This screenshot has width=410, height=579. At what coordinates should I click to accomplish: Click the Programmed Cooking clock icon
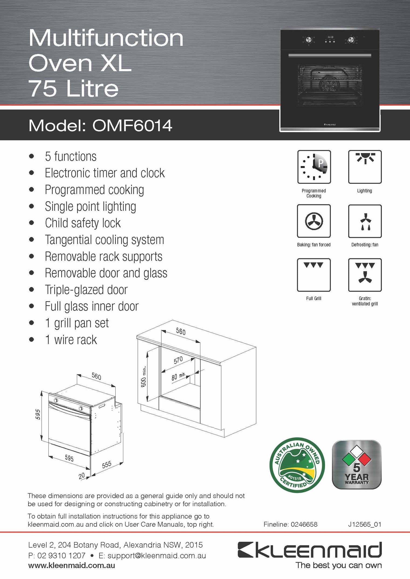pyautogui.click(x=314, y=167)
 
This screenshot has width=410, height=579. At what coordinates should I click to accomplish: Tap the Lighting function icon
pyautogui.click(x=365, y=167)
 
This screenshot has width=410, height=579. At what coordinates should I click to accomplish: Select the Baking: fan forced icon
pyautogui.click(x=314, y=221)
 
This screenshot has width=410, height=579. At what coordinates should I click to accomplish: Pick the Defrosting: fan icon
pyautogui.click(x=365, y=221)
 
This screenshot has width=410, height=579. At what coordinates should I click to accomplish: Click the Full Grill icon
pyautogui.click(x=314, y=275)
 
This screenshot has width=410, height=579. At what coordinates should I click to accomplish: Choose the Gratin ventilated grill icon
pyautogui.click(x=365, y=275)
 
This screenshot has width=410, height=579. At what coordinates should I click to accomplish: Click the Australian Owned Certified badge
pyautogui.click(x=297, y=465)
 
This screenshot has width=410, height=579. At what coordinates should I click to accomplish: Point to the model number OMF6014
pyautogui.click(x=132, y=126)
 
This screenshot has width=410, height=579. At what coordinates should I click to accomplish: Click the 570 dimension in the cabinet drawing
pyautogui.click(x=178, y=360)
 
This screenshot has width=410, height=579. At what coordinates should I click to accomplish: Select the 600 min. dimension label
pyautogui.click(x=143, y=377)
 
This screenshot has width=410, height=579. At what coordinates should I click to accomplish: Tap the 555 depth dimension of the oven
pyautogui.click(x=107, y=465)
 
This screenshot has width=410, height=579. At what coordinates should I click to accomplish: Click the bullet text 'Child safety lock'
pyautogui.click(x=83, y=223)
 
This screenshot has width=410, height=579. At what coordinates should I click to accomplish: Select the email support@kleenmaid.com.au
pyautogui.click(x=156, y=556)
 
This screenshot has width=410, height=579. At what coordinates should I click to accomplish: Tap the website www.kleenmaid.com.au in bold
pyautogui.click(x=72, y=565)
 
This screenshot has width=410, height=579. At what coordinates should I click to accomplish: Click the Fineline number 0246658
pyautogui.click(x=304, y=524)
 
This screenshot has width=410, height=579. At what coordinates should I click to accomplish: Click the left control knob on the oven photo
pyautogui.click(x=308, y=40)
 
